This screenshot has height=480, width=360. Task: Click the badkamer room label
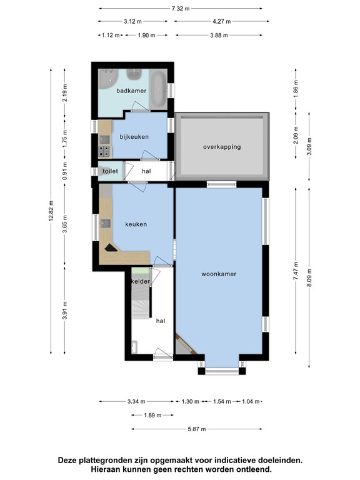coord(131,91)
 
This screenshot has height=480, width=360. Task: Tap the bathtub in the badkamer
coord(158,89)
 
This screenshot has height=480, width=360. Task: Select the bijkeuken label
coord(134,137)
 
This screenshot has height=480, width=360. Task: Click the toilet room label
coord(110,171)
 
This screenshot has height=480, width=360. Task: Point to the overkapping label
coord(222,147)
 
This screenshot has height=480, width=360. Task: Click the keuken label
coord(136,224)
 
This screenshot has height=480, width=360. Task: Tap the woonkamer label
coord(219,274)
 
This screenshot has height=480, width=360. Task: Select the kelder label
coord(141,281)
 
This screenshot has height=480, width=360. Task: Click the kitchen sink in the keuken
coord(106,224)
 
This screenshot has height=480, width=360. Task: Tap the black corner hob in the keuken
coord(110,248)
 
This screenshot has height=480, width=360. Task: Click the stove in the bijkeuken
coord(104,151)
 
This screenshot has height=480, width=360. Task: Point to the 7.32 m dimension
coord(181,8)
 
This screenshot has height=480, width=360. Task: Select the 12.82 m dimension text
coord(51,211)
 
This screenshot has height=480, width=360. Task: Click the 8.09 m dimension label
coord(309,278)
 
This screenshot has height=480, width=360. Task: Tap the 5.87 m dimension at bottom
coord(197,429)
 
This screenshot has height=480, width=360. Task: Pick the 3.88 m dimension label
coord(219,35)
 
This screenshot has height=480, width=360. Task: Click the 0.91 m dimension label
coord(64,171)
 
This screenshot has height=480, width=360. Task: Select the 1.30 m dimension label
coord(191,401)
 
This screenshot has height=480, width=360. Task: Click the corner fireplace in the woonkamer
coord(184,345)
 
